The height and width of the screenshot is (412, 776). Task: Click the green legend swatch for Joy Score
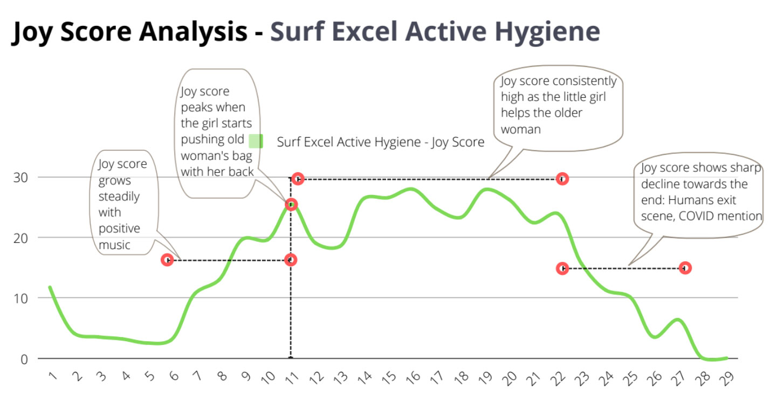click(x=256, y=141)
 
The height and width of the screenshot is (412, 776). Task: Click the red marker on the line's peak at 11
click(x=291, y=204)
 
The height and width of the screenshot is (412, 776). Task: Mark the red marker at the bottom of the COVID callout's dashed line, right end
click(x=685, y=268)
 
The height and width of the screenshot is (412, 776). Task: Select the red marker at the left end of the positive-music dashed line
click(x=168, y=260)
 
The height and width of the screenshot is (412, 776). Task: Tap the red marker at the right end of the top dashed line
click(x=562, y=179)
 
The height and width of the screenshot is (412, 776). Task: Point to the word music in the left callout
click(x=114, y=245)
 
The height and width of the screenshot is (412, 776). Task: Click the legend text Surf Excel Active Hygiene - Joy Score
click(x=381, y=143)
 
